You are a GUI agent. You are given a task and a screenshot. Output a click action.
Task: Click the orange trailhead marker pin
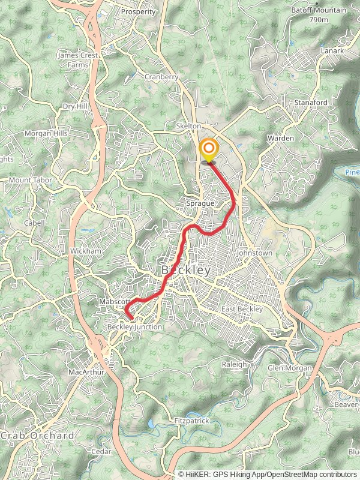(x=209, y=150)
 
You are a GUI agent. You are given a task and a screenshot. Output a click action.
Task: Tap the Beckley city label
(x=186, y=271)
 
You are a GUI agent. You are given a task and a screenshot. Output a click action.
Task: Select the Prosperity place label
(x=138, y=11)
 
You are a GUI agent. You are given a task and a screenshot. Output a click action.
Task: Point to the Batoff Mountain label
(x=319, y=10)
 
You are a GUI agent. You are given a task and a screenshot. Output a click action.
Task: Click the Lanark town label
(x=332, y=51)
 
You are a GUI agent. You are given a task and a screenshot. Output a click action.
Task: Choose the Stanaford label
(x=311, y=103)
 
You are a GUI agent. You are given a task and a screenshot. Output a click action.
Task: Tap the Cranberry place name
(x=161, y=77)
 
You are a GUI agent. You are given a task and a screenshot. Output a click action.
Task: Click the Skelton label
(x=188, y=126)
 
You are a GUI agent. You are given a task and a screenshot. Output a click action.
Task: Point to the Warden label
(x=281, y=138)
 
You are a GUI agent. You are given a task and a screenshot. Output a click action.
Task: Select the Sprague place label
(x=200, y=204)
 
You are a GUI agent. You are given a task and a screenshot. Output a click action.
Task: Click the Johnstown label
(x=254, y=253)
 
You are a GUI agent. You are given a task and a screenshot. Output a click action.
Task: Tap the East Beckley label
(x=242, y=309)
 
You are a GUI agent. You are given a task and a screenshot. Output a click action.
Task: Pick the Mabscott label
(x=114, y=302)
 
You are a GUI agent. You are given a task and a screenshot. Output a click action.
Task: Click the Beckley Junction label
(x=134, y=327)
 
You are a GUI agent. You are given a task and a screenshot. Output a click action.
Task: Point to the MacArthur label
(x=86, y=372)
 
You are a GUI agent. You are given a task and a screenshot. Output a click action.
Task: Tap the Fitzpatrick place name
(x=191, y=421)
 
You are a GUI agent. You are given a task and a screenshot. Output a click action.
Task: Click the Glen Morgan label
(x=290, y=368)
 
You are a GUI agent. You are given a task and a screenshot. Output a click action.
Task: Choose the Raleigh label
(x=234, y=364)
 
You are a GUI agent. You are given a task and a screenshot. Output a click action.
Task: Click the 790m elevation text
(x=319, y=19)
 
